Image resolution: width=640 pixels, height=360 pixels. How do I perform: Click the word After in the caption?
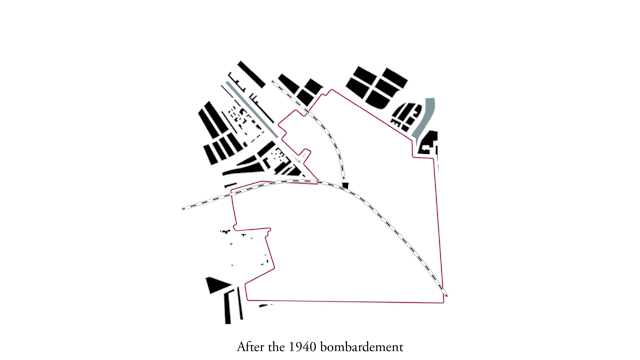251,347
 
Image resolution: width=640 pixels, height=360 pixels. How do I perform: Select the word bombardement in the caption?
362,347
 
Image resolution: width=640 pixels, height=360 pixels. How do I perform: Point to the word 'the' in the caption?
277,347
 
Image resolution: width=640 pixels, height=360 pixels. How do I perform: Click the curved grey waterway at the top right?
424,118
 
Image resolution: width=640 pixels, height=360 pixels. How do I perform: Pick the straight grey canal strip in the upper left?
251,109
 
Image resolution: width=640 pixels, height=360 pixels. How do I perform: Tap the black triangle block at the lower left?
218,284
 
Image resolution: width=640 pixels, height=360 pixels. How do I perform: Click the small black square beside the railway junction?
345,185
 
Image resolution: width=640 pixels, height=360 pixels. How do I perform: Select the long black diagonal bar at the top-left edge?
251,74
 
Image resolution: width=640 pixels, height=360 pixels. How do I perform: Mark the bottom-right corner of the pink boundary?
443,303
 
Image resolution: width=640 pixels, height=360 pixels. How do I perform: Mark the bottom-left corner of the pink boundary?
248,300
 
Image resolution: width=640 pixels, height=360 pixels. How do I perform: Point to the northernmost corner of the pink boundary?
332,89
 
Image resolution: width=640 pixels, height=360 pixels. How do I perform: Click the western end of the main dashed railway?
183,209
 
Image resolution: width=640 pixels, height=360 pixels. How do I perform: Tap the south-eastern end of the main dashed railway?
446,295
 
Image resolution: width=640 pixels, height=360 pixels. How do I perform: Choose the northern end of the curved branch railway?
273,82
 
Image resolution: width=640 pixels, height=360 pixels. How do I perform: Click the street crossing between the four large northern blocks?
378,84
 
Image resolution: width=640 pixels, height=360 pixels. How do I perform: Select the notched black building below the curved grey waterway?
428,143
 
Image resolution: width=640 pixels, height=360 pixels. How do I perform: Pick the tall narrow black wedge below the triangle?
227,307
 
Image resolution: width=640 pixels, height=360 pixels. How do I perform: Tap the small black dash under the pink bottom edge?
265,305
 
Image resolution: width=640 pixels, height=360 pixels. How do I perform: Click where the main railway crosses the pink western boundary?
231,194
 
